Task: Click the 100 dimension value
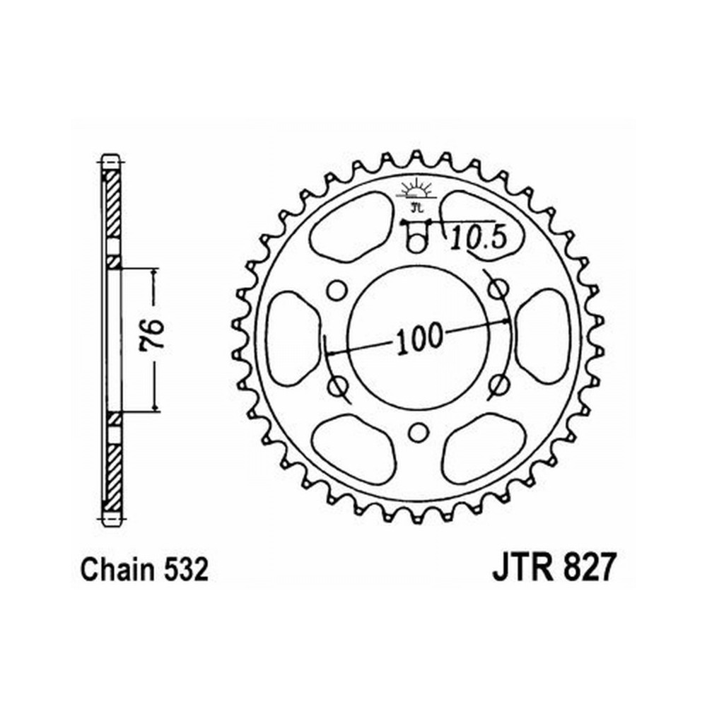[419, 338]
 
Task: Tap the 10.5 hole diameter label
[479, 238]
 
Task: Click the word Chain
[117, 569]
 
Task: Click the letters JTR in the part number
[522, 568]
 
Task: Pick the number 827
[587, 568]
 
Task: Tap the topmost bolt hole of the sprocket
[417, 243]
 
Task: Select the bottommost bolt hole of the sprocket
[419, 433]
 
